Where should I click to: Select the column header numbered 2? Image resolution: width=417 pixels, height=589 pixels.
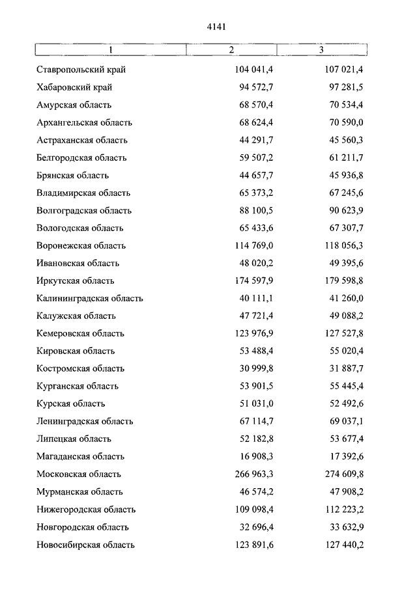point(231,50)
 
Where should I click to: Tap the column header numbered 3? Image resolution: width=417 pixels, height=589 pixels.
point(321,50)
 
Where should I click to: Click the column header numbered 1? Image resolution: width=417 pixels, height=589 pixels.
point(111,50)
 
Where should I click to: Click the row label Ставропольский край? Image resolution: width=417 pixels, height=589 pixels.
point(81,70)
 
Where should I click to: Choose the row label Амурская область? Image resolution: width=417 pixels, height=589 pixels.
point(74,105)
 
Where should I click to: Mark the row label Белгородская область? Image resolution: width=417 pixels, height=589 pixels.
point(81,158)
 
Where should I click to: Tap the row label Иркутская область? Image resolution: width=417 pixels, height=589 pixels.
point(76,281)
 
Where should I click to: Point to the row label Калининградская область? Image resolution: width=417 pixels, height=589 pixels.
point(90,298)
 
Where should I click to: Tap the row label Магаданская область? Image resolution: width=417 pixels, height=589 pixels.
point(80,456)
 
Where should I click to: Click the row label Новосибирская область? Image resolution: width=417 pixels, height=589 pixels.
point(86,544)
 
